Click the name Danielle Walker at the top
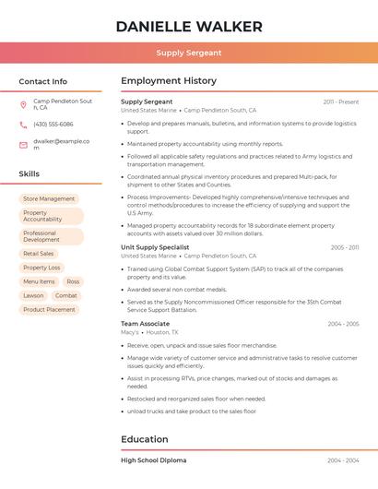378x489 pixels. (x=189, y=27)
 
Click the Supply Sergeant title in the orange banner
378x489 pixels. (x=189, y=54)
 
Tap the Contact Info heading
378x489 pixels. (x=43, y=81)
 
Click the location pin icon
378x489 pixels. (x=23, y=104)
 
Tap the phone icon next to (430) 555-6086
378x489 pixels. (x=23, y=125)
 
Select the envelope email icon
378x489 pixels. (x=23, y=145)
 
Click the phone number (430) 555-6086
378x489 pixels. (x=53, y=125)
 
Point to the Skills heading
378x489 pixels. (x=30, y=173)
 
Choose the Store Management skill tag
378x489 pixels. (x=49, y=198)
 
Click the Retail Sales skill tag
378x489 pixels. (x=38, y=254)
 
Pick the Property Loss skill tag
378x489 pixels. (x=41, y=268)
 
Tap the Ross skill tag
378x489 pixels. (x=73, y=281)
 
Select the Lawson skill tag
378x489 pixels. (x=33, y=295)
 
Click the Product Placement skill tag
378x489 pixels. (x=49, y=309)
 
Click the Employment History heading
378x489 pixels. (x=169, y=81)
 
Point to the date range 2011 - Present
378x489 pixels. (x=341, y=102)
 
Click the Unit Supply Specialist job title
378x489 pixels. (x=155, y=247)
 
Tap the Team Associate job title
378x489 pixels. (x=145, y=324)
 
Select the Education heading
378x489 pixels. (x=145, y=439)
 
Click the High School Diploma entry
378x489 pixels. (x=153, y=459)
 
